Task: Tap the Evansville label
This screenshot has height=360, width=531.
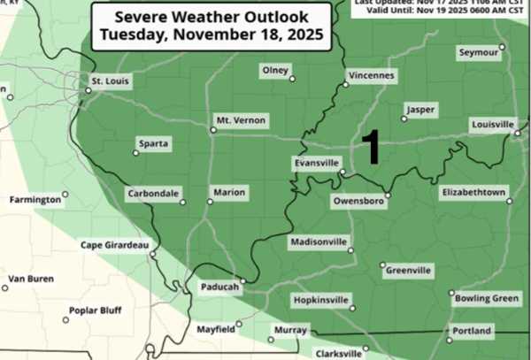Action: pos(317,163)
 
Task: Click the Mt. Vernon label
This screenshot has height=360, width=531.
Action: pos(240,119)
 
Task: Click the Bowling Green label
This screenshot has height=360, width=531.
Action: pos(486,298)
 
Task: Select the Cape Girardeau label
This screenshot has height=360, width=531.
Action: pos(114,245)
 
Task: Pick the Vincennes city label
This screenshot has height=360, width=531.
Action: pos(370,75)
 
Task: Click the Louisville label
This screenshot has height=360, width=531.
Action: pos(492,124)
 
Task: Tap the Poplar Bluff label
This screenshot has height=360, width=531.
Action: pos(97,310)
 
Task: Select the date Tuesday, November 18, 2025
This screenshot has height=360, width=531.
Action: pos(208,35)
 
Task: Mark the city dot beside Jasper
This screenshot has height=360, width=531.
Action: pos(404,119)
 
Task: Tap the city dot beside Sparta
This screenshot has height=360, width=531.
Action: pos(135,153)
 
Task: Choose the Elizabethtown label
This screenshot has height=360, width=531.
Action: pos(473,192)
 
